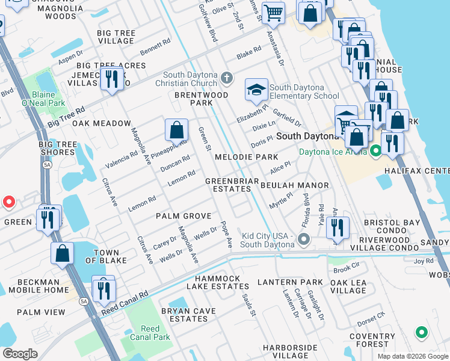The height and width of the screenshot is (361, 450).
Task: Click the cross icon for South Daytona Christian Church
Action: tap(226, 78)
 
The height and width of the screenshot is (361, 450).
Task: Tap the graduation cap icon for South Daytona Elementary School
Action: tap(256, 90)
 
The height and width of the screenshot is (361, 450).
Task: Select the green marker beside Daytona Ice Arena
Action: tap(376, 150)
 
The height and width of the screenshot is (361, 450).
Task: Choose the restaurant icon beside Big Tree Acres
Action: tap(111, 79)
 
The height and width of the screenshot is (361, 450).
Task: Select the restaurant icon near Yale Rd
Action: tap(338, 227)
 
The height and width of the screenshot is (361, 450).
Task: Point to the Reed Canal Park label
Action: tap(150, 333)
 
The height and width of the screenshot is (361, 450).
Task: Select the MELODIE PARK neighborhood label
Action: tap(246, 157)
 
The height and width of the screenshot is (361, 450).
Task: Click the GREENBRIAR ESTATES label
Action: tap(232, 185)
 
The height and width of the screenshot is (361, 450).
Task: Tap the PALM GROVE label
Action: tap(183, 215)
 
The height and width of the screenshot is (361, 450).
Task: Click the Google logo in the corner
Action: tap(20, 354)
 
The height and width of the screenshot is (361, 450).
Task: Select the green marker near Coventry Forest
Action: tap(422, 332)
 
